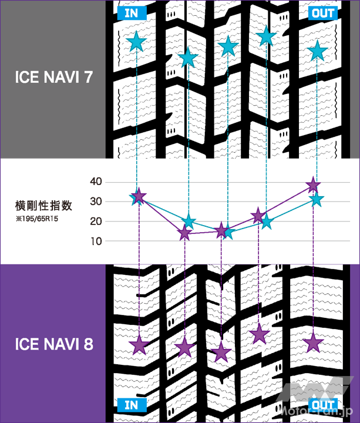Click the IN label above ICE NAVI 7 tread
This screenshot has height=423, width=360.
(x=132, y=13)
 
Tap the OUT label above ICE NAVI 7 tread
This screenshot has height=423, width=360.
(x=322, y=13)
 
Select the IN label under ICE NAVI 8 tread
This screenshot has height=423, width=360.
(x=132, y=405)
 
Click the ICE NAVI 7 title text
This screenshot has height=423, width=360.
(x=54, y=77)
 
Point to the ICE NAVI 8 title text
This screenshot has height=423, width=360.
(x=54, y=344)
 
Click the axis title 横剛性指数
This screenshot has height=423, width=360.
(x=43, y=206)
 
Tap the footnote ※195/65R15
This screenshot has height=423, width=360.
(x=37, y=219)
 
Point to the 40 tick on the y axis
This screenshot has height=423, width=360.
(x=96, y=182)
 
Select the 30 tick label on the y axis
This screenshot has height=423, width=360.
(x=96, y=202)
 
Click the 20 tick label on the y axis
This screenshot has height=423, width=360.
(x=96, y=221)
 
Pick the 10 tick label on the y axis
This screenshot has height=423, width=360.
(x=96, y=241)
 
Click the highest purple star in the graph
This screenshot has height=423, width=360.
(x=313, y=185)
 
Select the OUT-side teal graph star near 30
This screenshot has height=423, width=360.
(x=317, y=200)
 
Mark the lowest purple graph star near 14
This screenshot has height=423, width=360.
(x=185, y=233)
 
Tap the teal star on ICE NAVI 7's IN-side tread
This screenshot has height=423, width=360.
(x=136, y=42)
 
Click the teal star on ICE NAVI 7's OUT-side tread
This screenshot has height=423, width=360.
(x=317, y=51)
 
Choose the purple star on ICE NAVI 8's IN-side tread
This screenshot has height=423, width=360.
(x=139, y=345)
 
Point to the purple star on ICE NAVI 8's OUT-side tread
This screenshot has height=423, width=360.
(x=313, y=343)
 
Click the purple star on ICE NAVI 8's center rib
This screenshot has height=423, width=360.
(x=221, y=352)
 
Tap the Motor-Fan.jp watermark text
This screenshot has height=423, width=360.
(x=316, y=411)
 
